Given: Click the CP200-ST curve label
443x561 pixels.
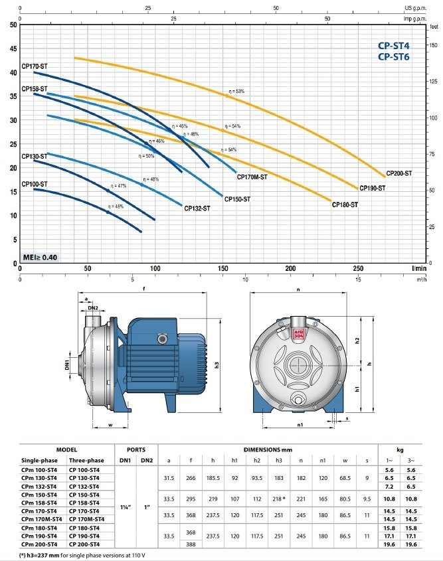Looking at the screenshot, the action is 399,173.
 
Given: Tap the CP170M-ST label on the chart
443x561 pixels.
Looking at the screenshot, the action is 252,177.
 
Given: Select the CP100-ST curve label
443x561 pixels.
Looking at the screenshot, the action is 35,184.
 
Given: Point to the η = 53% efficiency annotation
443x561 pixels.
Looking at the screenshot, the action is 236,91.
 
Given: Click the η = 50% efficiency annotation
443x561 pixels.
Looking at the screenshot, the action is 146,156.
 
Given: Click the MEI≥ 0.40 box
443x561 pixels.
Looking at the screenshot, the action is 40,257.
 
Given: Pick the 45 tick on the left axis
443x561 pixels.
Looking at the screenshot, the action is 13,48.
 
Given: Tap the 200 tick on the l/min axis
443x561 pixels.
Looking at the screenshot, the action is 290,268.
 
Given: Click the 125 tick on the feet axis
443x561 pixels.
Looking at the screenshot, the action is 432,82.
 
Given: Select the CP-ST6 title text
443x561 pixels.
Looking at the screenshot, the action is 394,57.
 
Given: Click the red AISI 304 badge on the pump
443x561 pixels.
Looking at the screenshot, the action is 298,334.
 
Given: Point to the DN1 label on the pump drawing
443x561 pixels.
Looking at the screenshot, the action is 67,365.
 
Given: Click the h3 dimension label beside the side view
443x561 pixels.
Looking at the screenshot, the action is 217,365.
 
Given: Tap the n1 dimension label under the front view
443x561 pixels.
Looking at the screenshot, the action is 300,424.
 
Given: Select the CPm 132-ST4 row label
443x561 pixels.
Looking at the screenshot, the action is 39,486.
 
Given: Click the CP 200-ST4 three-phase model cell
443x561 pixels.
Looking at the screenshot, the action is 84,544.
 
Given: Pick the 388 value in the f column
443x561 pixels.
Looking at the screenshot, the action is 191,544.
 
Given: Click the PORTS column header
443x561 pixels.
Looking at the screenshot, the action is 136,449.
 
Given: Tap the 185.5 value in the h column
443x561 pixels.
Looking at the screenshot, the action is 213,477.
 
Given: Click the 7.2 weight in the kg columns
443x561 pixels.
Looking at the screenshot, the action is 389,486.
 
